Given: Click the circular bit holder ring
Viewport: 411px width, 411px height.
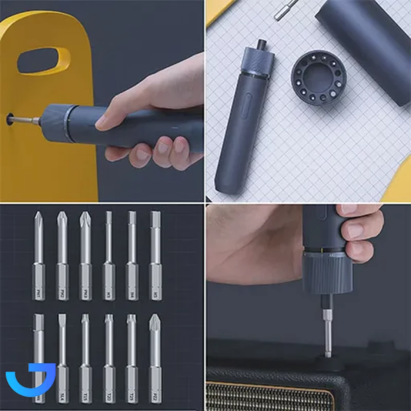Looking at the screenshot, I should pos(319,77).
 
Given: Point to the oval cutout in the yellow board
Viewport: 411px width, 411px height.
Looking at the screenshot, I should pos(44,61).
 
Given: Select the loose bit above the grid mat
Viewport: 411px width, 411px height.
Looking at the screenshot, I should pos(285,8).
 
